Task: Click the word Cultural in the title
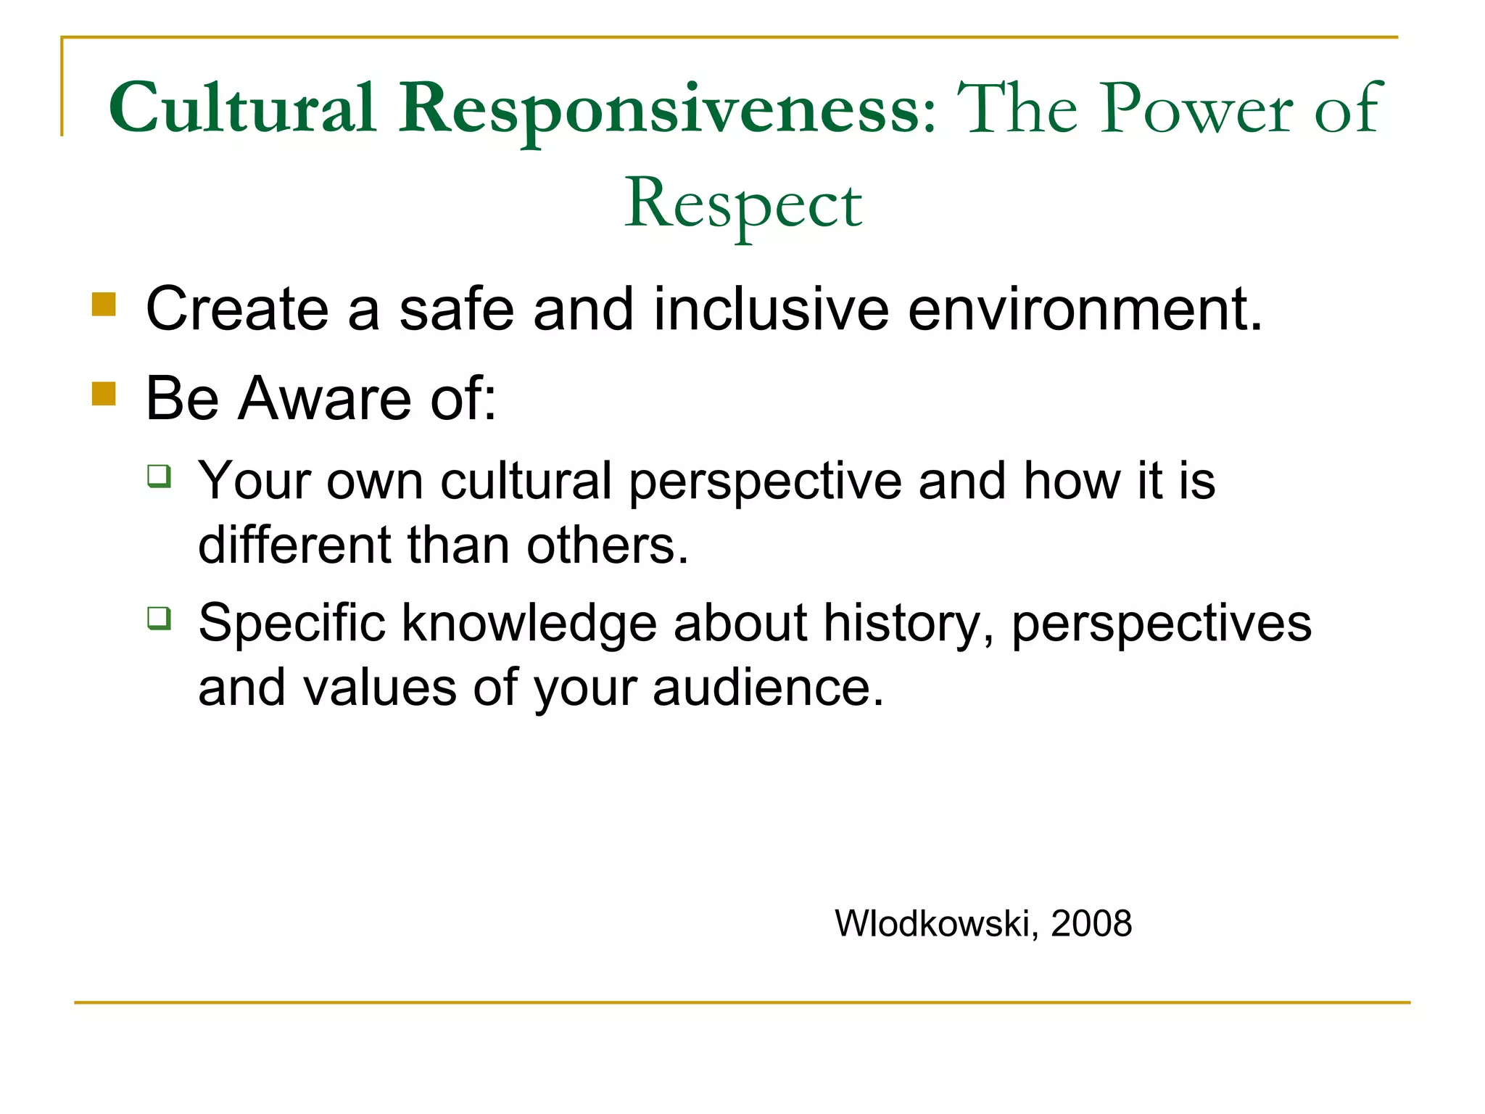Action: (243, 109)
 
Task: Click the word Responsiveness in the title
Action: (667, 109)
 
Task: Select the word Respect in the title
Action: (743, 205)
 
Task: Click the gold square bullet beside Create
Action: (104, 305)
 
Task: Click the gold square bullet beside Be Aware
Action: (104, 394)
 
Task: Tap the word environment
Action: (1084, 310)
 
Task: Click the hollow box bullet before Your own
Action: (159, 476)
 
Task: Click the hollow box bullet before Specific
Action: (159, 619)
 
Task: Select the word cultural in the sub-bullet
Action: (526, 481)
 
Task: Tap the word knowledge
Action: (529, 624)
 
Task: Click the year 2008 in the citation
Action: (1091, 924)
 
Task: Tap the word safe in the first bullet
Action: (457, 310)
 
